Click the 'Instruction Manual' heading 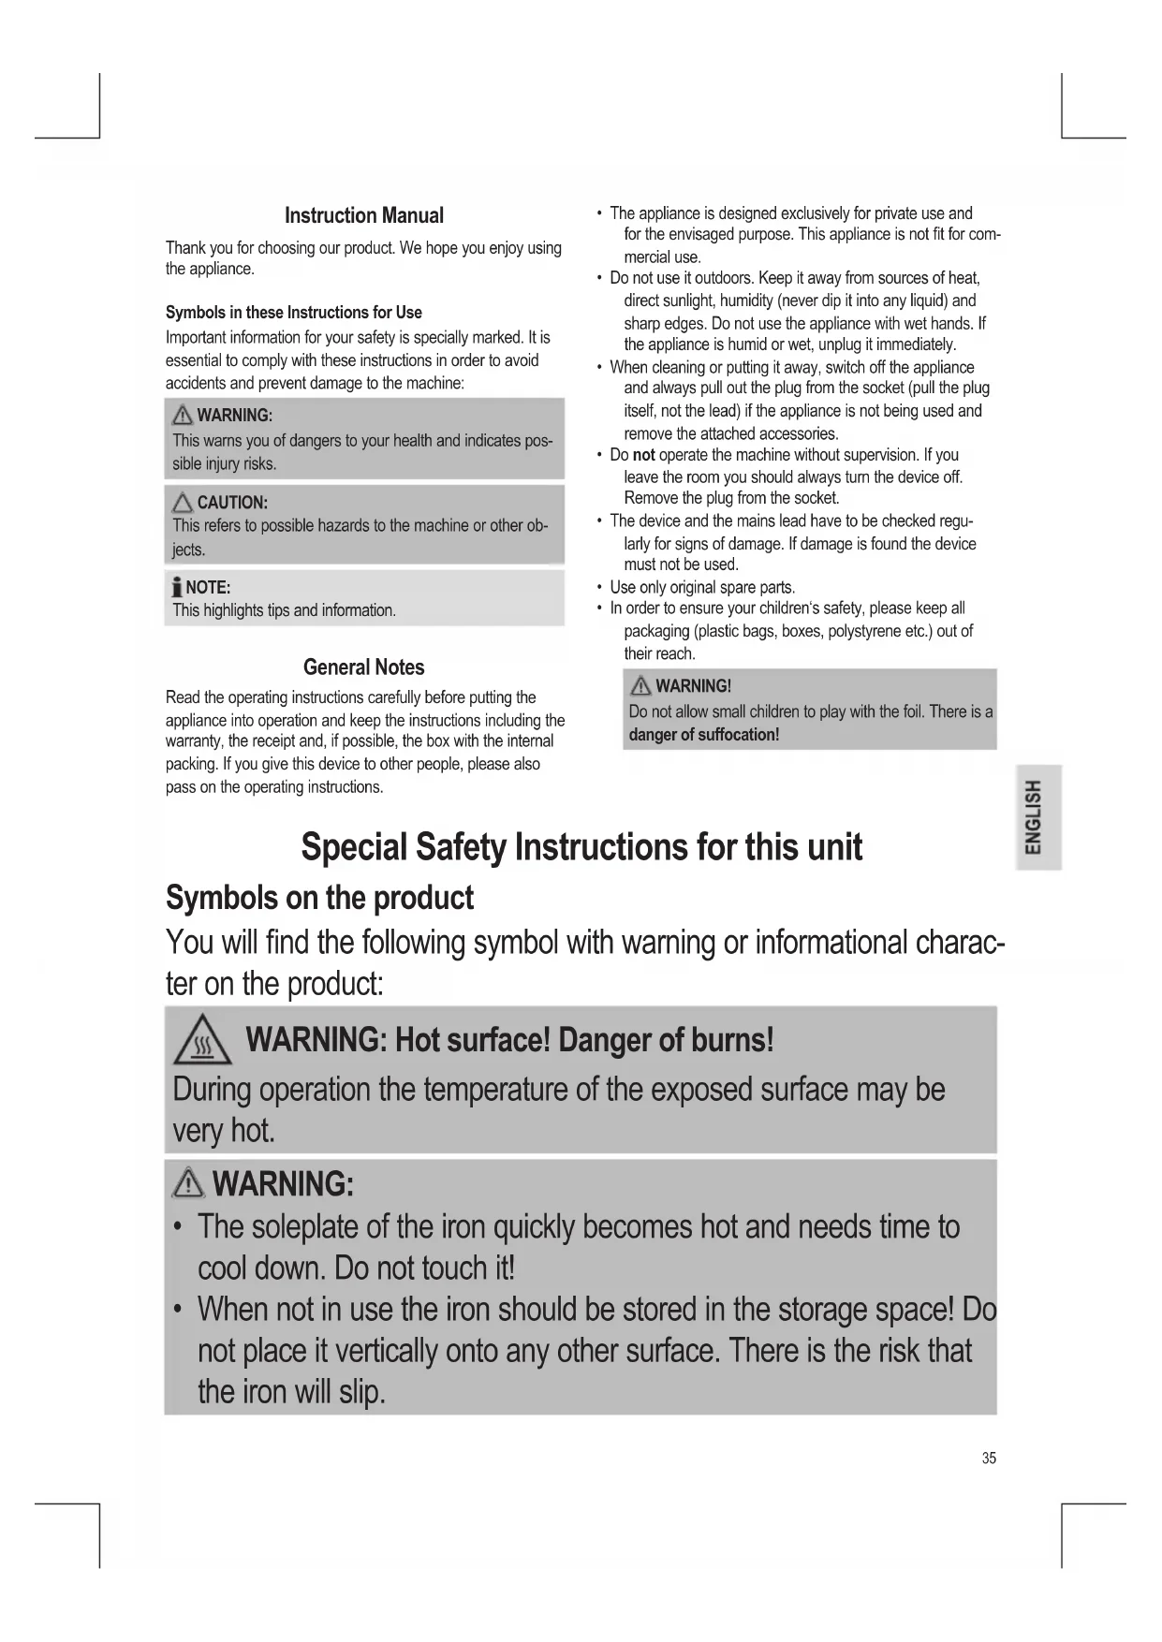363,215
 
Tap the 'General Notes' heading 363,667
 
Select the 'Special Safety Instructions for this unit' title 581,847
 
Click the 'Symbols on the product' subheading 319,898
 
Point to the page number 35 989,1458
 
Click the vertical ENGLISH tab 1034,816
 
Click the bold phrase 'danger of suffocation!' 704,735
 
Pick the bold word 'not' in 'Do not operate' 643,455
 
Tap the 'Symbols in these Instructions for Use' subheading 293,313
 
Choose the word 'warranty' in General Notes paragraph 195,741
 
